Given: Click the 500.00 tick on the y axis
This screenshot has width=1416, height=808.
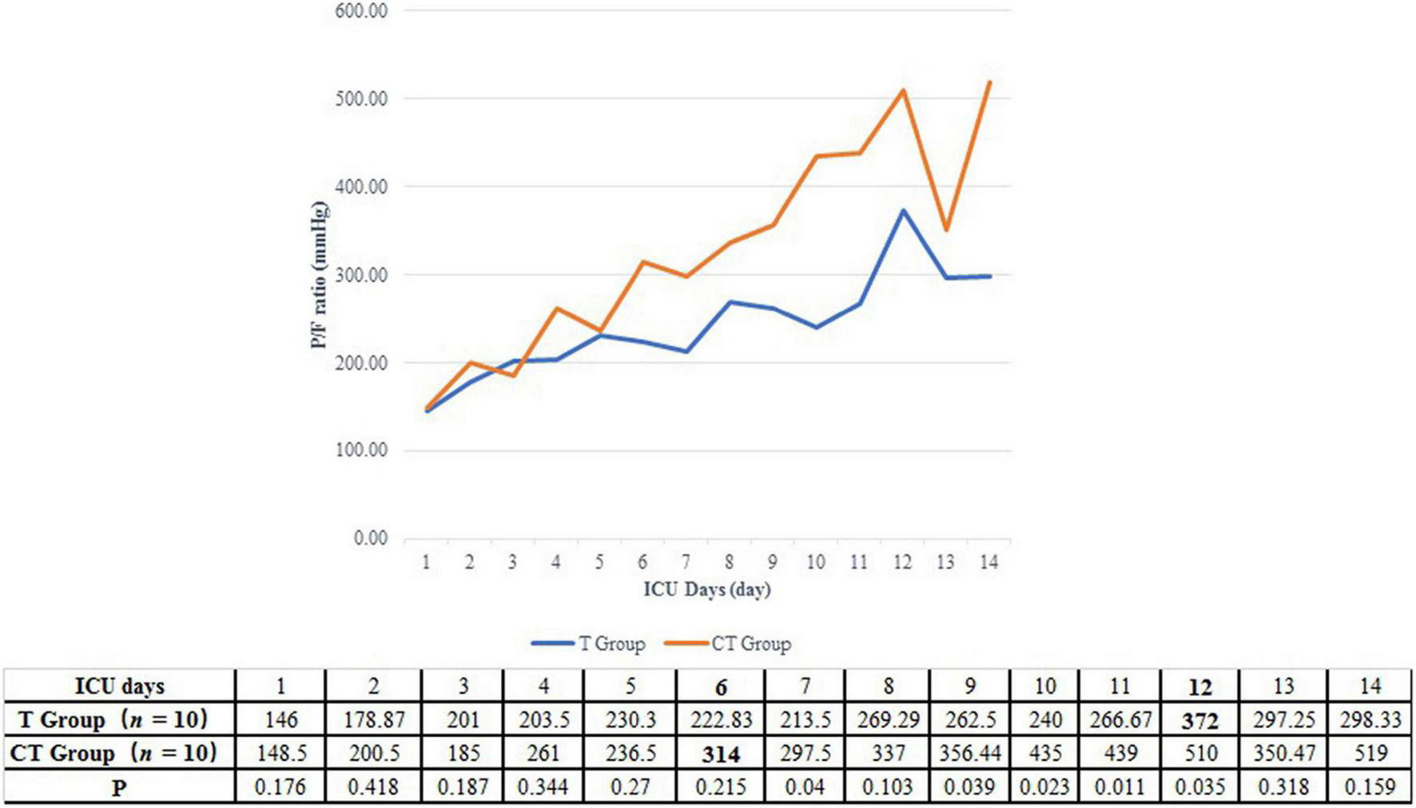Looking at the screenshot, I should pos(360,98).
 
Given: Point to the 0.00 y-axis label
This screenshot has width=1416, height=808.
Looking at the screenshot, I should pos(371,538).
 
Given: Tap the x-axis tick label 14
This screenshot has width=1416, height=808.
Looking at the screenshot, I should pos(988,563).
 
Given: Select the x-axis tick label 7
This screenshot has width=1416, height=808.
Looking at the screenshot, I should pos(686,563).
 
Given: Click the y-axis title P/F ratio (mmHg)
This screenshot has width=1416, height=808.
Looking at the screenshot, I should pos(320,275).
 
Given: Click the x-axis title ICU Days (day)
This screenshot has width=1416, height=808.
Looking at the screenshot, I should pos(707,590).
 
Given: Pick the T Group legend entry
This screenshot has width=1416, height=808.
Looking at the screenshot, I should pos(589,644).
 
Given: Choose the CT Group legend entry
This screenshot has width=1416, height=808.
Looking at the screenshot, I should pos(728,644).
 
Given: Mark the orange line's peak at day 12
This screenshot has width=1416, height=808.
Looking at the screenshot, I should pos(903,90).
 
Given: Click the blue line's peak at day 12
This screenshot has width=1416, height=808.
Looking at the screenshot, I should pos(903,211).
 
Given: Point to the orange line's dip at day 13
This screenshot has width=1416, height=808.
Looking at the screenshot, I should pos(946,230).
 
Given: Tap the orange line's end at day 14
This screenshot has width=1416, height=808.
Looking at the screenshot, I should pos(990,82).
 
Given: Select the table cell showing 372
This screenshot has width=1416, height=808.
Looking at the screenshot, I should pos(1199,721).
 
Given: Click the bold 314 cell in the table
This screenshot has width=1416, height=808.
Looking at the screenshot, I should pos(721,754).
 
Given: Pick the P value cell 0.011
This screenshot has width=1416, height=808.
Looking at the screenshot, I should pos(1119,787).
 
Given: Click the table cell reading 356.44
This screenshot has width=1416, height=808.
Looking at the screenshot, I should pos(970,754).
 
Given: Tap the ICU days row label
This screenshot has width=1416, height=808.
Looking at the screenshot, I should pos(120,687).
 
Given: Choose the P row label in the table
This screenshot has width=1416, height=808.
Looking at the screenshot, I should pos(120,788).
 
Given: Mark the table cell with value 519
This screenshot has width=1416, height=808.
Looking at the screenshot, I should pos(1370,754).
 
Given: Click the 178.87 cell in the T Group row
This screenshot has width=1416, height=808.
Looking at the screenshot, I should pos(374,720).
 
